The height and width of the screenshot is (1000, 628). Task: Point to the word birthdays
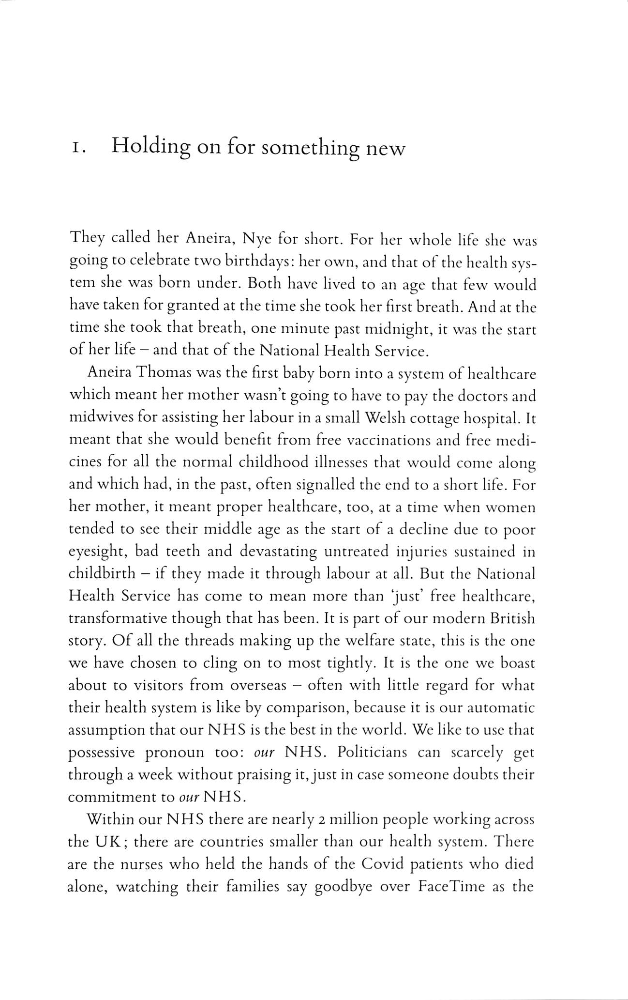click(260, 262)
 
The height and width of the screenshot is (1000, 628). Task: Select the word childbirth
click(102, 574)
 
